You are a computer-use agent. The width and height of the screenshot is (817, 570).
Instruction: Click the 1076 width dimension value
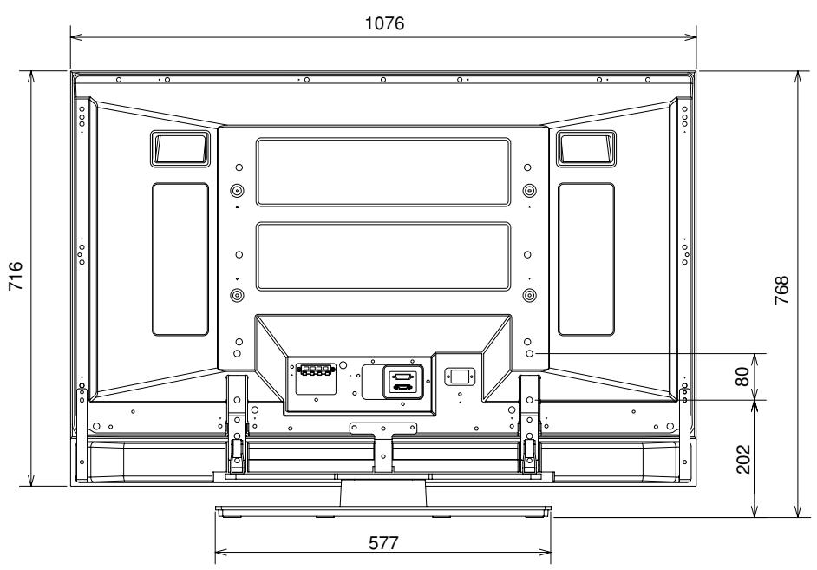point(384,23)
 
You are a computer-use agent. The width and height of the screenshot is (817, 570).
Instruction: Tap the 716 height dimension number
point(16,276)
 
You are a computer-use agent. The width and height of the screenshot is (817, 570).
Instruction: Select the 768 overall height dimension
point(781,291)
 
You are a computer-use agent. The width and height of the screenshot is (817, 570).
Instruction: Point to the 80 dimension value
point(742,377)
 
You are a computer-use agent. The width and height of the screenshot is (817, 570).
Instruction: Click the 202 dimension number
point(743,459)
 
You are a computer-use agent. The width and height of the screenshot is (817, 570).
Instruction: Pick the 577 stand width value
point(383,543)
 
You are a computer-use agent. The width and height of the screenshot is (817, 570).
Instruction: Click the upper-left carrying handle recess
point(180,149)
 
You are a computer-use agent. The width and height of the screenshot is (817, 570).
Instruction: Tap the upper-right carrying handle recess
point(586,149)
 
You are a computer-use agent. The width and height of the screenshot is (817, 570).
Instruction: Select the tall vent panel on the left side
point(180,259)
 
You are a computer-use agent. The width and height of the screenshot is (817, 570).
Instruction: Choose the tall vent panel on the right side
point(586,259)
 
